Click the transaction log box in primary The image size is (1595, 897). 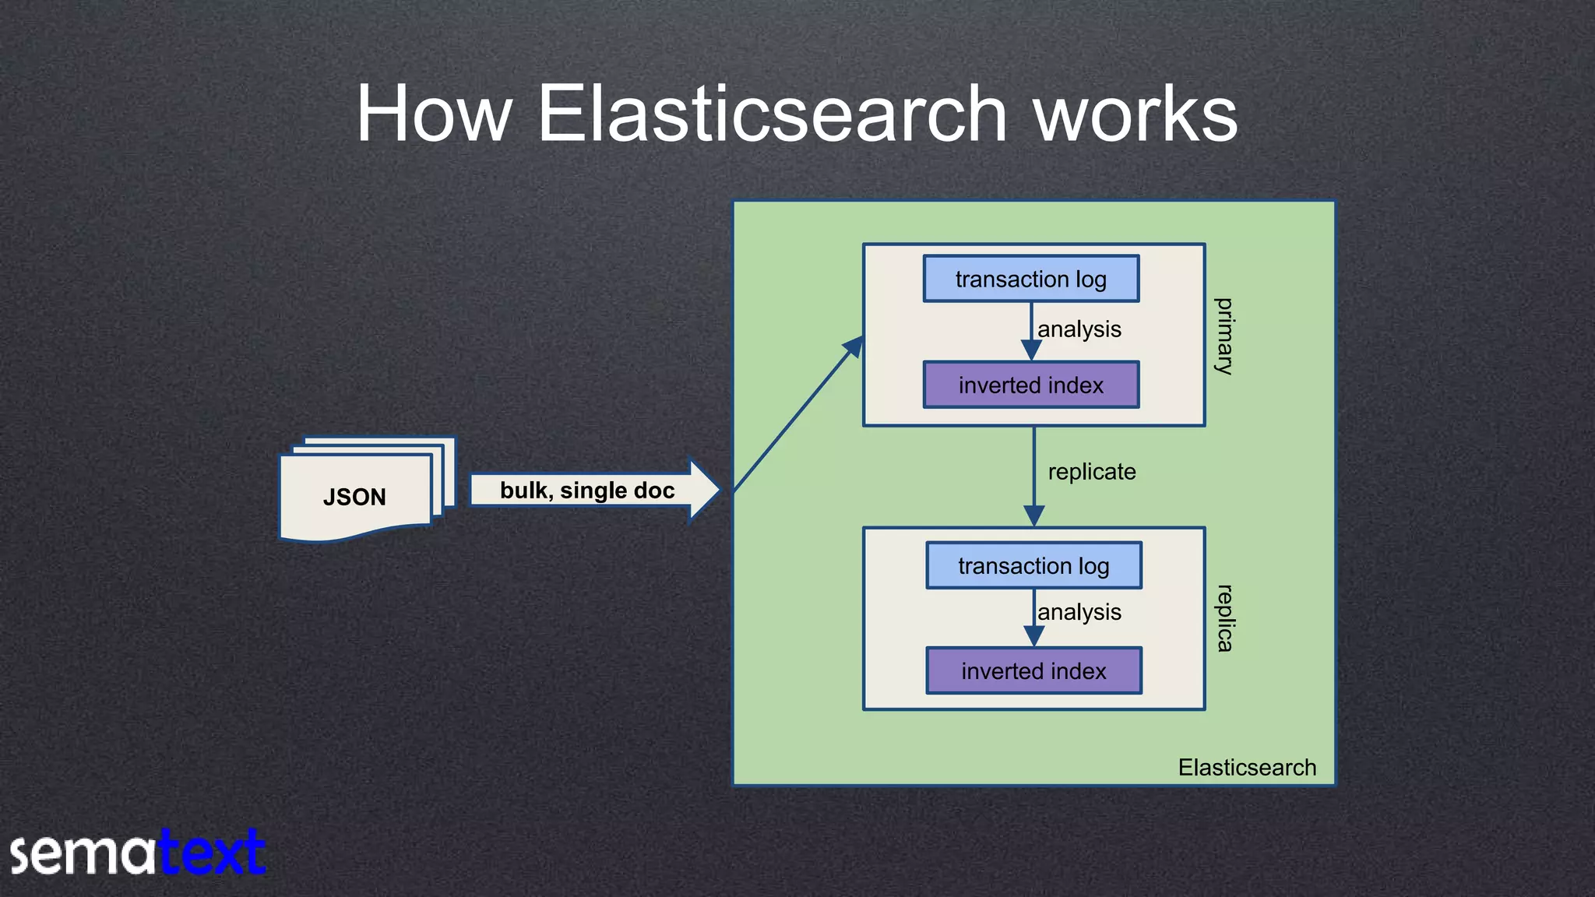tap(1030, 279)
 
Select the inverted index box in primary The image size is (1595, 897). tap(1030, 385)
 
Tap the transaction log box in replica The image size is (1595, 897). tap(1033, 565)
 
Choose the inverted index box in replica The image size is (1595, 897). tap(1033, 670)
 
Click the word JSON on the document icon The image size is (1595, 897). tap(354, 497)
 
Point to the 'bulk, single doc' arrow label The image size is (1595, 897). tap(587, 491)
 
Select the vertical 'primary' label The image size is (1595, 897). tap(1224, 336)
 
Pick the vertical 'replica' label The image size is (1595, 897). tap(1224, 618)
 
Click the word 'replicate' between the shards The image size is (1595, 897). tap(1091, 472)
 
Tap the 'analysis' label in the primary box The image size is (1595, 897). tap(1079, 329)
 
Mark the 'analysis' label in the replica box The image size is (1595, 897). tap(1079, 612)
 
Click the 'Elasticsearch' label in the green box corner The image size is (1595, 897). tap(1247, 767)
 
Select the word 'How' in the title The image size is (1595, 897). tap(433, 114)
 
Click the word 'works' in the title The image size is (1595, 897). tap(1135, 114)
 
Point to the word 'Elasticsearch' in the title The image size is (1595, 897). tap(771, 114)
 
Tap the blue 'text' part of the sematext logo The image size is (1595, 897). tap(212, 853)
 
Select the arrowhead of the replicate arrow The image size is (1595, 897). tap(1033, 515)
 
